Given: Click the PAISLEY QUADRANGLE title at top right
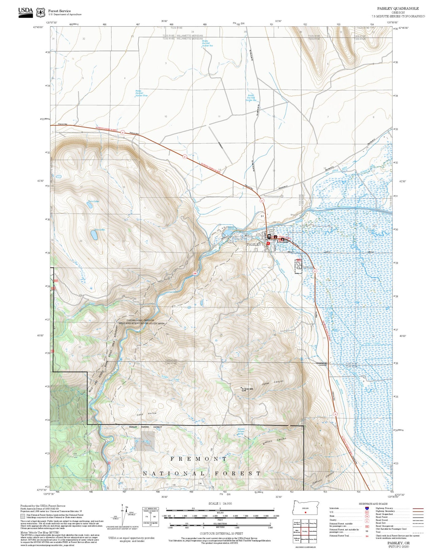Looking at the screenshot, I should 398,9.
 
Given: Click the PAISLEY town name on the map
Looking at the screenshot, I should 254,245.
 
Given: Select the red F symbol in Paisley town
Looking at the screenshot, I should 268,243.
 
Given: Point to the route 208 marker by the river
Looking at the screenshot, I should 195,273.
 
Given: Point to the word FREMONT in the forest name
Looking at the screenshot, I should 199,459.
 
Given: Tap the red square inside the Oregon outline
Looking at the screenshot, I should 305,512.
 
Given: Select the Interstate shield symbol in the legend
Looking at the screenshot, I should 367,508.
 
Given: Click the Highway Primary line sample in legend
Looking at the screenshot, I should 418,508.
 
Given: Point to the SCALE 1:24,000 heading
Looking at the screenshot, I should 220,504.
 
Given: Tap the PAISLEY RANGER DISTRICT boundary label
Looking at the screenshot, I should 145,427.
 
